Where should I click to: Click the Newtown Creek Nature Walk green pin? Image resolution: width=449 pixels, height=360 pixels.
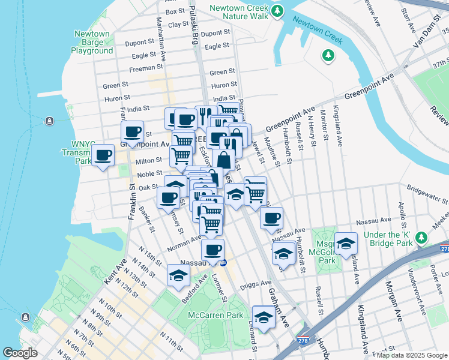(x=277, y=11)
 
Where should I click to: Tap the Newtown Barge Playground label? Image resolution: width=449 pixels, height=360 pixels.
(x=92, y=43)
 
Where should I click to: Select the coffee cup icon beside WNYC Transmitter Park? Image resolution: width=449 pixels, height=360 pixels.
(x=103, y=156)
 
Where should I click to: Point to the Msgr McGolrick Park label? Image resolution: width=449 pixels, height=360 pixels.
(x=327, y=248)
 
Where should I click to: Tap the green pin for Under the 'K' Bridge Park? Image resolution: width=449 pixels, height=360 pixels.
(x=423, y=239)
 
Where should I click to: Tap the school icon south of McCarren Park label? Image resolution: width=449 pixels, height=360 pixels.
(x=263, y=318)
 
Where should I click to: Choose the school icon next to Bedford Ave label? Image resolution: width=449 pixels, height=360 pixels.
(x=178, y=275)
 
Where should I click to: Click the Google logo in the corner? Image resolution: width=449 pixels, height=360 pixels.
(x=20, y=353)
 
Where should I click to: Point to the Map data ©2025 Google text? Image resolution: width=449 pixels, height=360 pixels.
(x=412, y=355)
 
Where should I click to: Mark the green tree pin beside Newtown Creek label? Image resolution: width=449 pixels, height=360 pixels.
(x=328, y=56)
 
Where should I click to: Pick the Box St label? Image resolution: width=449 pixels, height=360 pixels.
(x=175, y=11)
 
